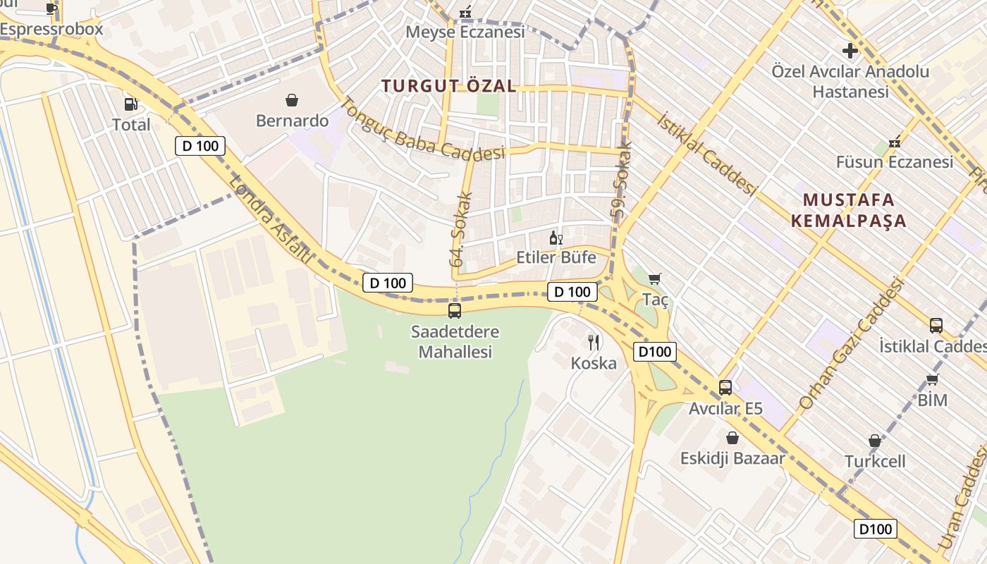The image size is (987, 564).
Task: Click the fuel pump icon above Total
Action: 130,104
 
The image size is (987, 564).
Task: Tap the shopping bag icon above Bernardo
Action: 292,100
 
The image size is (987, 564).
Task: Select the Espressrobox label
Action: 51,29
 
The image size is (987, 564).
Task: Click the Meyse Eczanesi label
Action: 465,32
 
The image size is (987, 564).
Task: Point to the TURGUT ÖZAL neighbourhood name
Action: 449,86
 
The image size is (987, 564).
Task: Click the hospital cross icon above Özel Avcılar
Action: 850,51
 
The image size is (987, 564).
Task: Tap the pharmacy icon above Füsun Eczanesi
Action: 895,142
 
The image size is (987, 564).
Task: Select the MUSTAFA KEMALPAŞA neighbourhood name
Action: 848,209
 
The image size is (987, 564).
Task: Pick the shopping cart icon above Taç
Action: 655,278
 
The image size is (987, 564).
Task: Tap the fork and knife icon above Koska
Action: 594,343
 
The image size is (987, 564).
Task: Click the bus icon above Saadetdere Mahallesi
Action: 455,310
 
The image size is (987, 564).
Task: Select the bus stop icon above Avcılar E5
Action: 725,387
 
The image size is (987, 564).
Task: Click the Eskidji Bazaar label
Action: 732,458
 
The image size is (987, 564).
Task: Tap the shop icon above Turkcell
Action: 875,441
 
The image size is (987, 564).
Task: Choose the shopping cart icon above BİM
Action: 933,380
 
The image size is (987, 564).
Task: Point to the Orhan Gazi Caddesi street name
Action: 851,344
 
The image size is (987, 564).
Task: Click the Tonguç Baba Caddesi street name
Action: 423,129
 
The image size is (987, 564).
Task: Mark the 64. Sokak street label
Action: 460,230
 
